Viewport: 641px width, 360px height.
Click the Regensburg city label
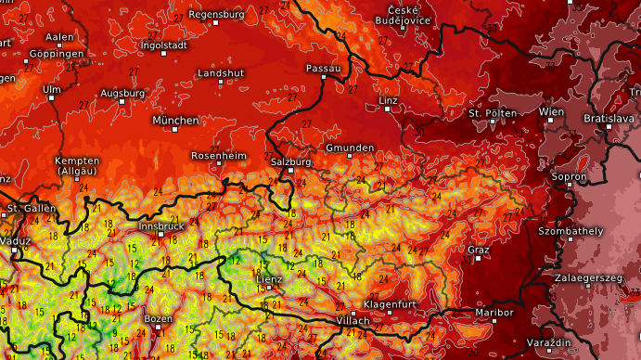(216, 14)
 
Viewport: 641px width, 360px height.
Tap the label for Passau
(324, 69)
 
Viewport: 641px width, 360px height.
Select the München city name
(175, 121)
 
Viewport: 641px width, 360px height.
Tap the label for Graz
(479, 251)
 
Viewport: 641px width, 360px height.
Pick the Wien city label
(551, 111)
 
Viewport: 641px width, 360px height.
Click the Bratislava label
(608, 119)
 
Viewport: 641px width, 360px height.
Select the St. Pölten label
(492, 113)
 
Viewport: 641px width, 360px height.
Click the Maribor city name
(494, 313)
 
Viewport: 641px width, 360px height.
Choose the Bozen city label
(159, 318)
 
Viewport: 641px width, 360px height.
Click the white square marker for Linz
(388, 109)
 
